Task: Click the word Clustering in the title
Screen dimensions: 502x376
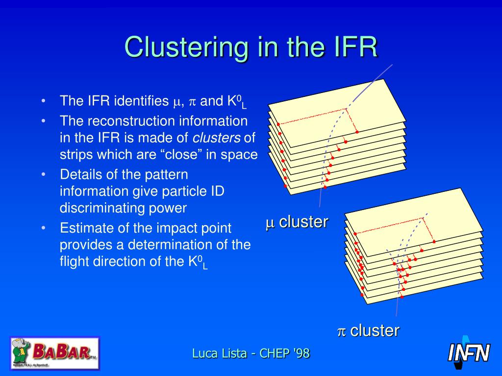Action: coord(186,47)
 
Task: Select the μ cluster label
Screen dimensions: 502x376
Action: coord(297,222)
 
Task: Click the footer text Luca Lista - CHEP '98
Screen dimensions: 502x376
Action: coord(251,353)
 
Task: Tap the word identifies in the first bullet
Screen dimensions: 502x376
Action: coord(141,101)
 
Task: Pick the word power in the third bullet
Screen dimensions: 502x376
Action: coord(169,208)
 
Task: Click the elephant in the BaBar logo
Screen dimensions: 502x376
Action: coord(21,350)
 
